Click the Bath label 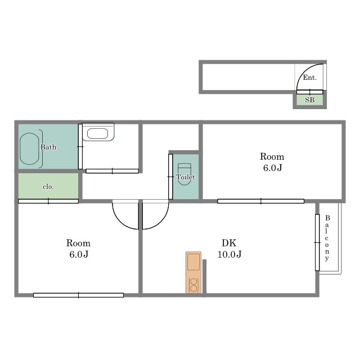(48, 147)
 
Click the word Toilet (186, 177)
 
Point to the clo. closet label (48, 187)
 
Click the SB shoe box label (309, 100)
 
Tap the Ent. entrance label (310, 78)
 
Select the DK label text (229, 243)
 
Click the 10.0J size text (229, 254)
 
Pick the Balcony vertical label (327, 238)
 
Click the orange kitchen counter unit (193, 272)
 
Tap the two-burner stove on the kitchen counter (193, 285)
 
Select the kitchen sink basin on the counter (193, 262)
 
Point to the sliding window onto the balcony (317, 242)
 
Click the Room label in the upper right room (272, 156)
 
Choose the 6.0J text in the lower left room (79, 254)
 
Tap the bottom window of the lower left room (78, 295)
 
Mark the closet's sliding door (48, 201)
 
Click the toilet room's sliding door (170, 177)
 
